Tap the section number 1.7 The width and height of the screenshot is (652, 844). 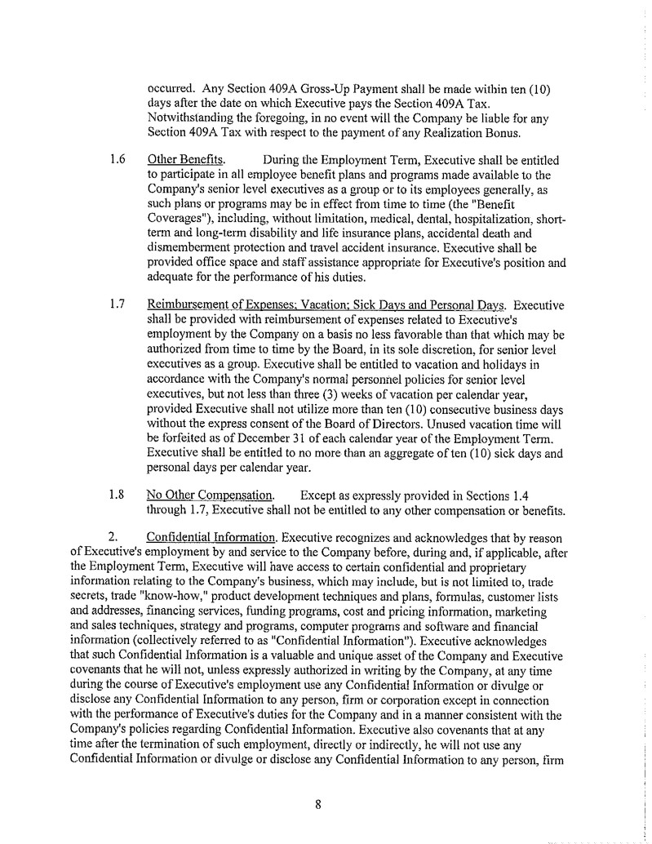117,305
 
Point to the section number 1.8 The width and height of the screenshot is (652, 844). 117,494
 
